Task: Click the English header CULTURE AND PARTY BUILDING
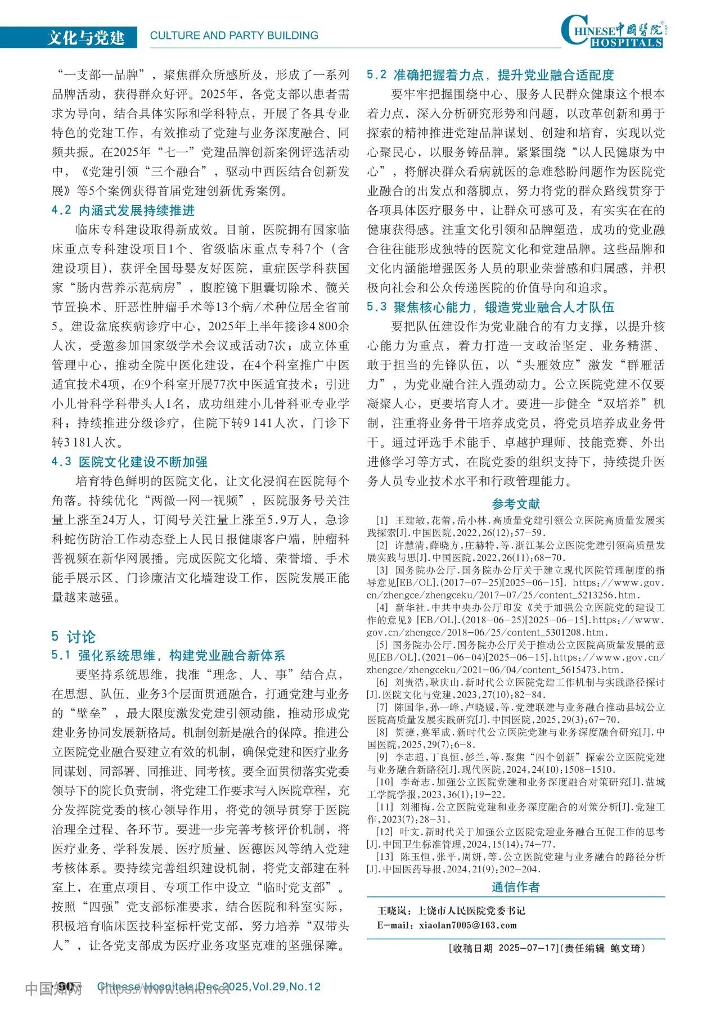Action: (234, 35)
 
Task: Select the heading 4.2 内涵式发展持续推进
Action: (123, 210)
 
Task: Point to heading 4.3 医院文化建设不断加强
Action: (129, 462)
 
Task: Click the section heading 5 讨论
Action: (74, 637)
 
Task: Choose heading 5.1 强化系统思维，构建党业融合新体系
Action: (168, 655)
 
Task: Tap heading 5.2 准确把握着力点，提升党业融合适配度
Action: (490, 75)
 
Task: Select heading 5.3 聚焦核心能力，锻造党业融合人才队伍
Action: (490, 307)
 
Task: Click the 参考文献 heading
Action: (515, 504)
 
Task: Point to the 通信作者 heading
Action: (515, 887)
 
